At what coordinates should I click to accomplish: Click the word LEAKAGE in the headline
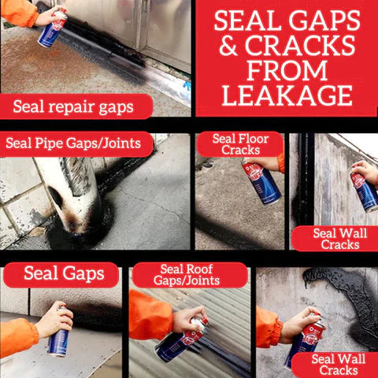click(287, 95)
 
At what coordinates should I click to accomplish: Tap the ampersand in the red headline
click(228, 45)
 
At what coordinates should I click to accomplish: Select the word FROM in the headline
click(287, 70)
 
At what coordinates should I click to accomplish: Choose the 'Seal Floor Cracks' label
click(240, 144)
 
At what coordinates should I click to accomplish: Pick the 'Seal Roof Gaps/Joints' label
click(187, 275)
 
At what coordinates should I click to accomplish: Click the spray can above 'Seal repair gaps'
click(53, 28)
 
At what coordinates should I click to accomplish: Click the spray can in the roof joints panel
click(181, 341)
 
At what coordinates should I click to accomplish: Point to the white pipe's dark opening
click(56, 197)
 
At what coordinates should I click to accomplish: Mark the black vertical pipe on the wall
click(306, 179)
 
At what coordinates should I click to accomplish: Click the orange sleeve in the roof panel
click(150, 315)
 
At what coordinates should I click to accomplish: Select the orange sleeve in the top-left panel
click(19, 13)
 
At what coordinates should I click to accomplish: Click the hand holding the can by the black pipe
click(365, 172)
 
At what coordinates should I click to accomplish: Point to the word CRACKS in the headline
click(300, 45)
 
